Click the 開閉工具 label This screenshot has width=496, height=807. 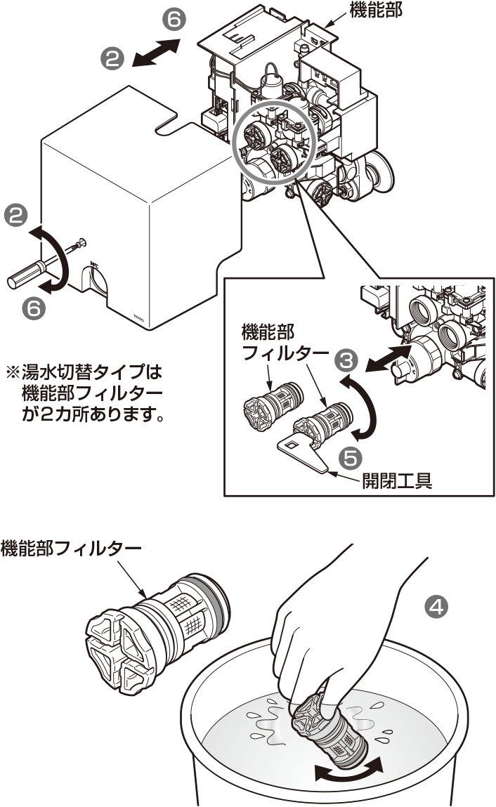pos(396,480)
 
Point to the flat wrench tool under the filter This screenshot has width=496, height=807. pos(304,452)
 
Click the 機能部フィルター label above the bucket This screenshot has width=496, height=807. pos(71,546)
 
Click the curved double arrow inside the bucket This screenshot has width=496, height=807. pos(349,771)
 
